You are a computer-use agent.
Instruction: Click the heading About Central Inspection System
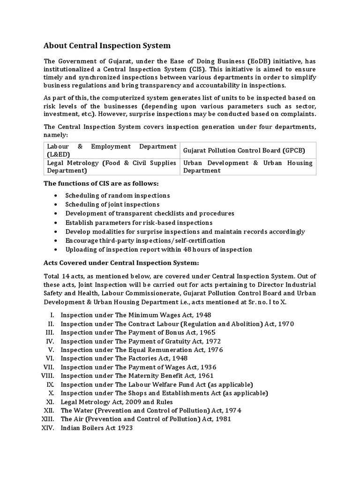coord(107,45)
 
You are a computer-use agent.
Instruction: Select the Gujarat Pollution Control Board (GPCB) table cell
coord(244,150)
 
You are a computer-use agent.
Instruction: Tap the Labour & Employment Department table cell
coord(111,150)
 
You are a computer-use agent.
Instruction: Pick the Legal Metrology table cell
coord(111,167)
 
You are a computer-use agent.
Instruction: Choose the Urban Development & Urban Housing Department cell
coord(247,167)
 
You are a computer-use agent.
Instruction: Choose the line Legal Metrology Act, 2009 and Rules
coord(117,402)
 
